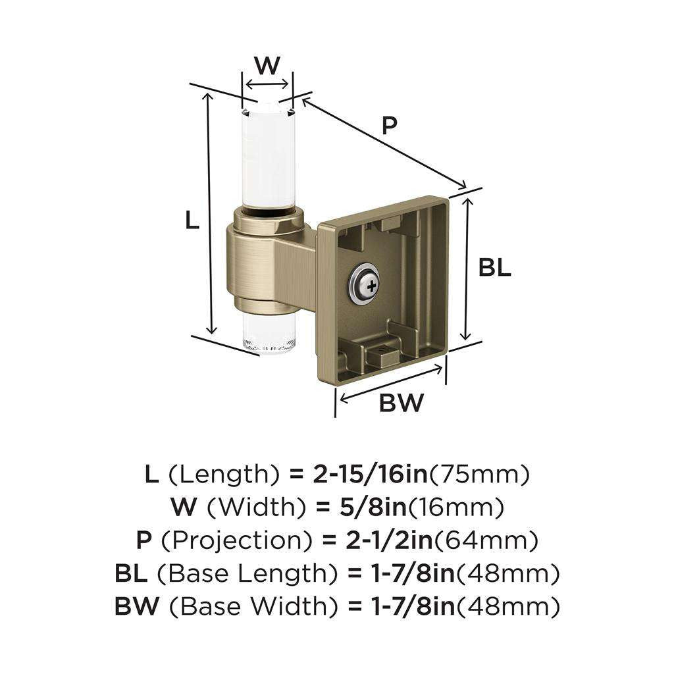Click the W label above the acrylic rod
point(267,65)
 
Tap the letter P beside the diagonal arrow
point(390,126)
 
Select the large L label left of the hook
point(192,220)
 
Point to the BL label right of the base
point(494,268)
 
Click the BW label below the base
point(401,403)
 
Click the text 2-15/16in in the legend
point(370,474)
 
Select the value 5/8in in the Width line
point(373,507)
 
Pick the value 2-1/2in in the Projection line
point(390,540)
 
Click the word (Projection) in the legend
point(236,540)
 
